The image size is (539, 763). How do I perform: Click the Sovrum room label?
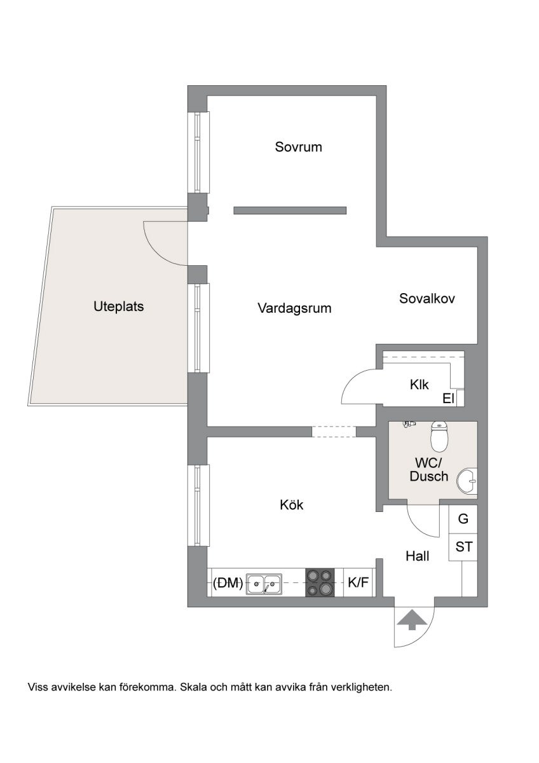coord(298,147)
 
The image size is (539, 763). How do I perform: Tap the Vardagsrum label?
coord(294,308)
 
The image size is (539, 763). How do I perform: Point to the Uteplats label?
coord(118,306)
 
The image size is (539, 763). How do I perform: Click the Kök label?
coord(292,504)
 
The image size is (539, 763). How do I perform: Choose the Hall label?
coord(418,556)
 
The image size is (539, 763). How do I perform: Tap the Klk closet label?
coord(419,385)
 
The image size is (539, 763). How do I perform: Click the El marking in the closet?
coord(449,399)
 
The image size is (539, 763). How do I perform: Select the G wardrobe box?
coord(463,519)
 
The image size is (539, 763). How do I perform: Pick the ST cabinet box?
coord(463,547)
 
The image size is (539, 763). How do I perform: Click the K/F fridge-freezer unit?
coord(358,582)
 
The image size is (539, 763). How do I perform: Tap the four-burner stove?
coord(320,582)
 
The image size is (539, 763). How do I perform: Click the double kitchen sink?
coord(264,584)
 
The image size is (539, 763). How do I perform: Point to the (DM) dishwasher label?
coord(228,584)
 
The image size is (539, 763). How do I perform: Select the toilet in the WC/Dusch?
coord(439,437)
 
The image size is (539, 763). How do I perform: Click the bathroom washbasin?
coord(467,481)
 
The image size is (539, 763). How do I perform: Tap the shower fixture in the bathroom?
coord(409,424)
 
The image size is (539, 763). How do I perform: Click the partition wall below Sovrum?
coord(290,210)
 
